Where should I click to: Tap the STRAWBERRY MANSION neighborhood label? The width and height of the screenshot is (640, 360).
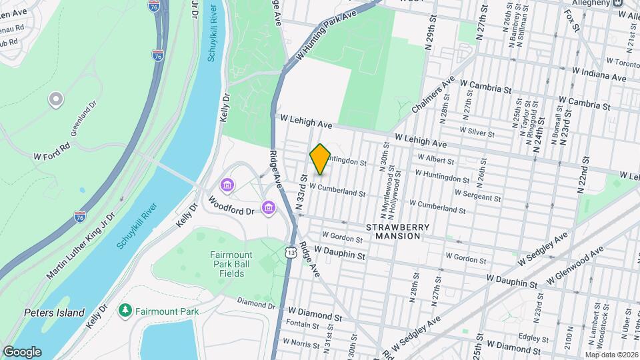pyautogui.click(x=397, y=231)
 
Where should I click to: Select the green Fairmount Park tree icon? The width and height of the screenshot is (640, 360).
pyautogui.click(x=124, y=310)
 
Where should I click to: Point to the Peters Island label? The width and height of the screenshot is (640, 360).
pyautogui.click(x=54, y=313)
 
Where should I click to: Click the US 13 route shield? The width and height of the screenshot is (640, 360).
pyautogui.click(x=290, y=251)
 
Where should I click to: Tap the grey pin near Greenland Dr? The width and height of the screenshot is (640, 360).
pyautogui.click(x=56, y=100)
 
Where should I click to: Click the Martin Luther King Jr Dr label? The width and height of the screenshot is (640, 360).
pyautogui.click(x=81, y=247)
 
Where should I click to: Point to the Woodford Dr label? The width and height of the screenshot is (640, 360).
pyautogui.click(x=231, y=205)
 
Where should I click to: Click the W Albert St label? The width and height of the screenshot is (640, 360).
pyautogui.click(x=435, y=161)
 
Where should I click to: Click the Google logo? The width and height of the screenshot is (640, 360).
pyautogui.click(x=22, y=351)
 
